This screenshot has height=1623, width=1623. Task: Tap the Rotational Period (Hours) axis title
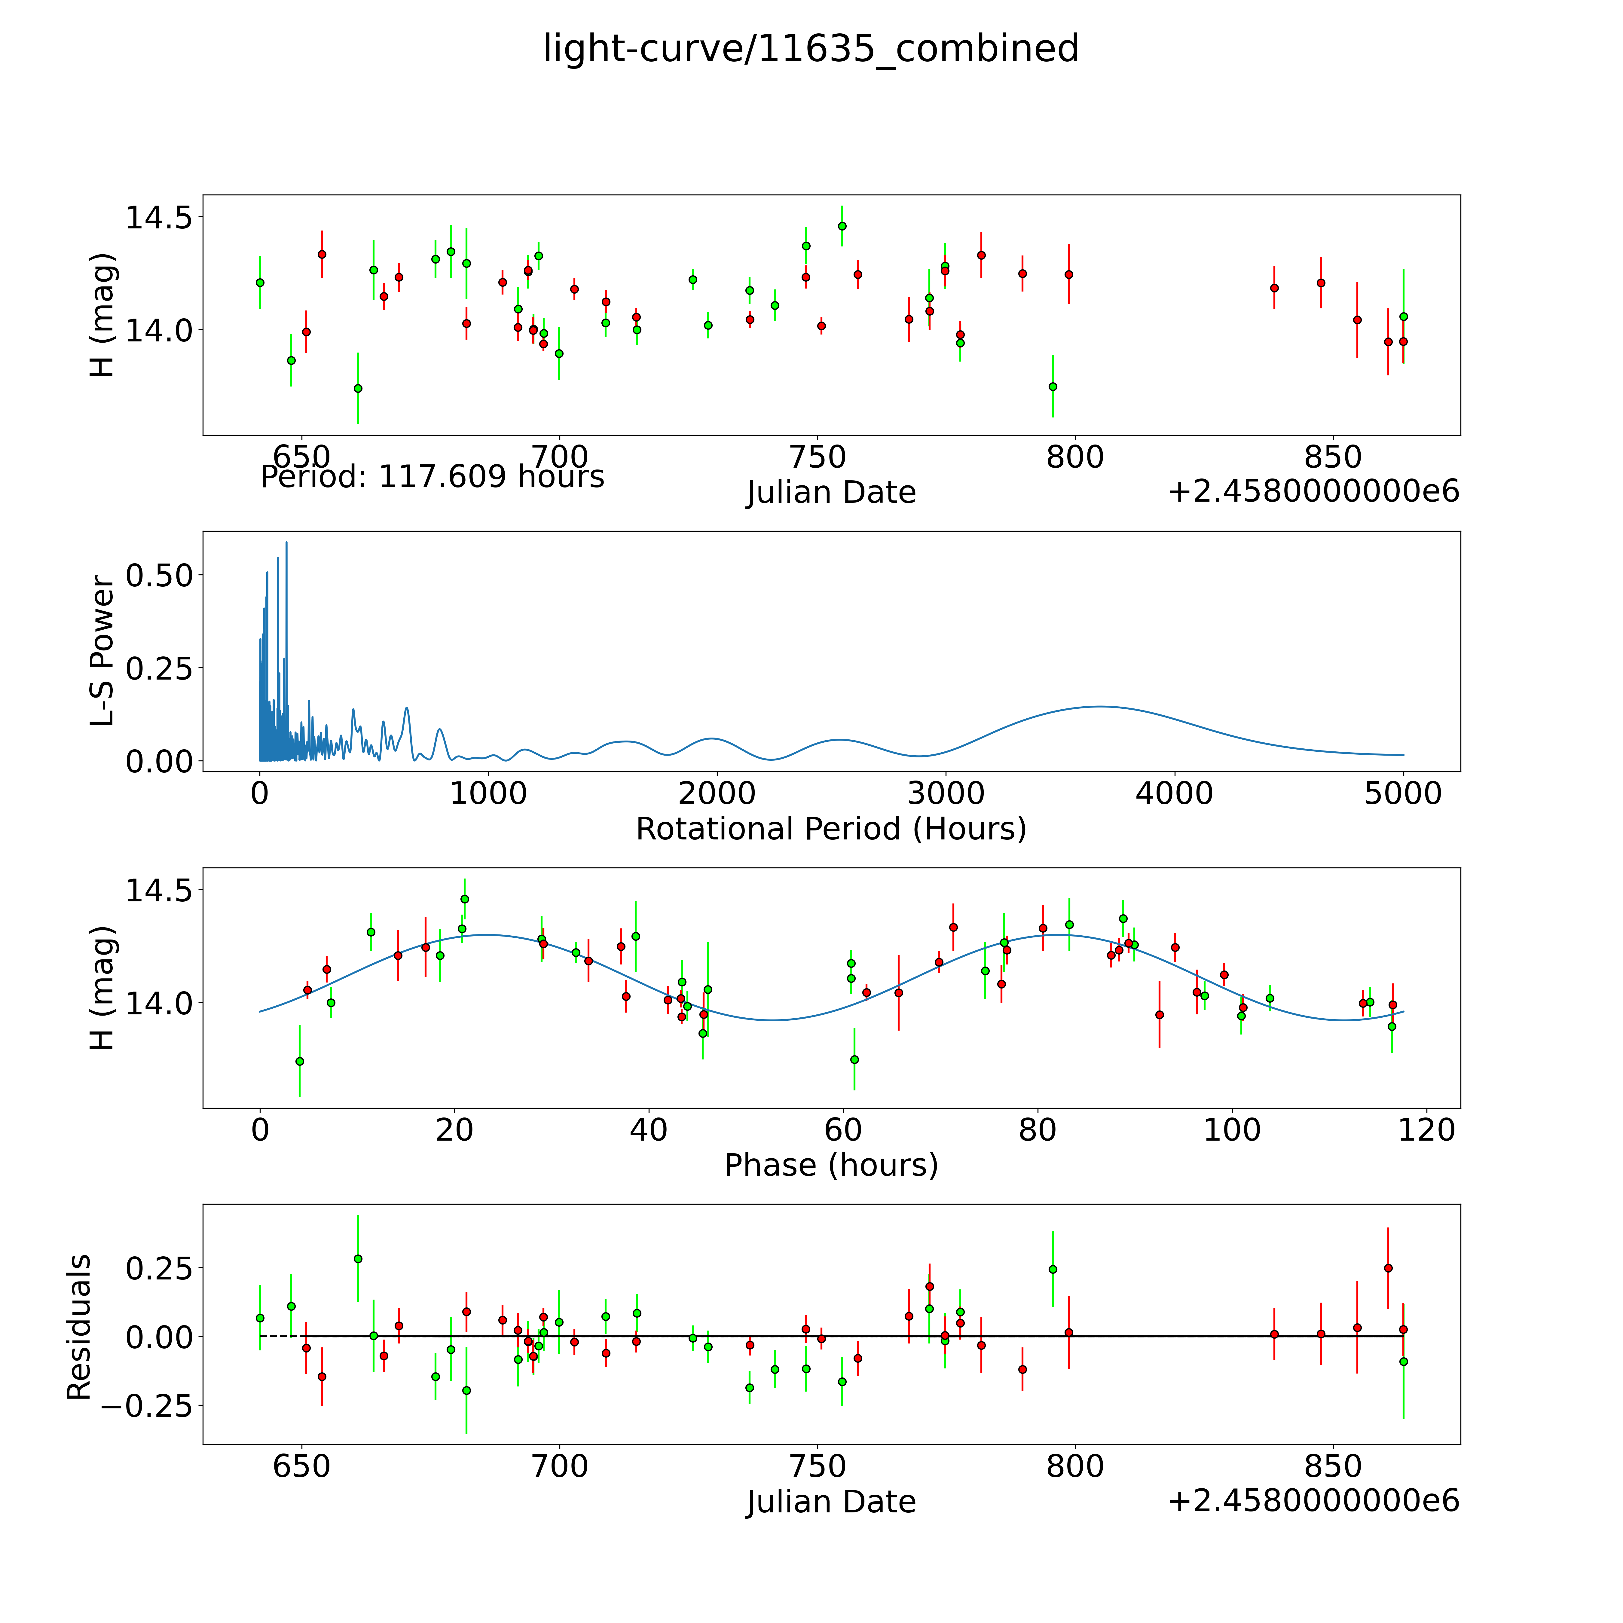click(x=831, y=829)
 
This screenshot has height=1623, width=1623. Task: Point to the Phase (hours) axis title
click(x=831, y=1165)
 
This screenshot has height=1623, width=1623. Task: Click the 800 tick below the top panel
click(x=1074, y=458)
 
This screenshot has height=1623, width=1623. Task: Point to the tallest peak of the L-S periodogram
click(x=286, y=543)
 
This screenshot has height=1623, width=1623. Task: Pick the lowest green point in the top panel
click(x=358, y=388)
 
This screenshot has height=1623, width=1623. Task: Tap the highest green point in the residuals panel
click(x=358, y=1258)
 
